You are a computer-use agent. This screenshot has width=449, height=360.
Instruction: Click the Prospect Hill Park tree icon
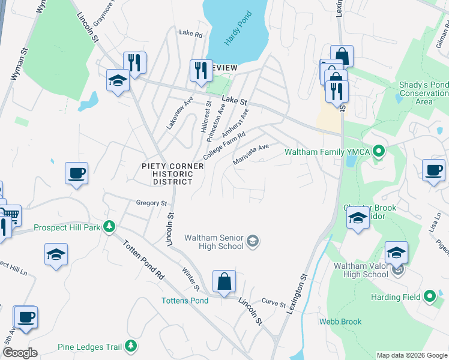[109, 227]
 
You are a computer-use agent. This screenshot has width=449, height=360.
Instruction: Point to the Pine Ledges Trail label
[90, 346]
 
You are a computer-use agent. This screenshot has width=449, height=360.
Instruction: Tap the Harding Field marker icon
[429, 296]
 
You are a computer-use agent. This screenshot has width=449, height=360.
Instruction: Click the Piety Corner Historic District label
[167, 173]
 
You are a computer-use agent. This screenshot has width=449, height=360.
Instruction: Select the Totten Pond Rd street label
[144, 259]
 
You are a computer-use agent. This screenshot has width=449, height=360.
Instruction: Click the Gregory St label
[151, 203]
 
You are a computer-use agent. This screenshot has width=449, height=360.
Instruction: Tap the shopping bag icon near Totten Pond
[224, 281]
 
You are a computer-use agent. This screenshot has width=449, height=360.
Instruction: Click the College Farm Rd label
[225, 145]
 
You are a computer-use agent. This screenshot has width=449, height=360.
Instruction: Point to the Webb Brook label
[340, 322]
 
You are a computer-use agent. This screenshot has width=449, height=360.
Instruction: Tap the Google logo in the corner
[20, 353]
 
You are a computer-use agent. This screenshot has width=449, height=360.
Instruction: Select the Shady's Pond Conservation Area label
[424, 93]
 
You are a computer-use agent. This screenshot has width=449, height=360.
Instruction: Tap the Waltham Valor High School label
[361, 270]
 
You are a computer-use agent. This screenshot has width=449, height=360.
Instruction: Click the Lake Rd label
[191, 34]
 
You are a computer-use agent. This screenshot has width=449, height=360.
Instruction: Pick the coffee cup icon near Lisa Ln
[433, 171]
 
